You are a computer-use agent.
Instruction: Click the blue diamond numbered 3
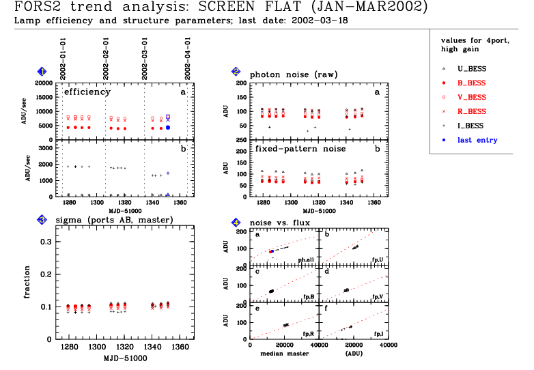click(x=42, y=220)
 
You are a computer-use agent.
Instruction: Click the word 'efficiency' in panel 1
click(x=87, y=91)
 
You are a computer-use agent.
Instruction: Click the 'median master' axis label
click(x=281, y=354)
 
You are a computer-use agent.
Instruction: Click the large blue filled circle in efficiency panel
click(x=168, y=128)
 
